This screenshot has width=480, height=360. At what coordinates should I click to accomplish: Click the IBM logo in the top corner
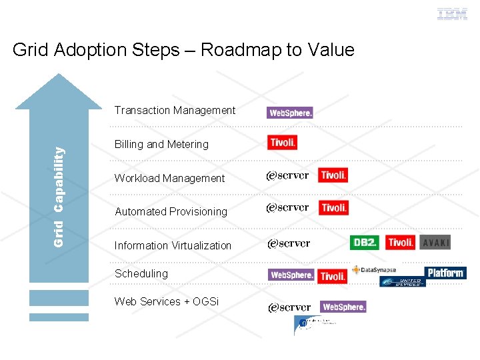(452, 14)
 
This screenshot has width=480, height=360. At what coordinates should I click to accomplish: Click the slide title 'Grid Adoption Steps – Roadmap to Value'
(183, 50)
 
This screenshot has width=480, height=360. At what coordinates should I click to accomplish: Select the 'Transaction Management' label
(175, 110)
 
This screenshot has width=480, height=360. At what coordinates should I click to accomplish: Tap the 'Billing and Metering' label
(161, 144)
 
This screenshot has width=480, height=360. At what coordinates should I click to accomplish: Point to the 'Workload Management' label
(169, 178)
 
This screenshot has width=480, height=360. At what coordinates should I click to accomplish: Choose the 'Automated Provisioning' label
(171, 211)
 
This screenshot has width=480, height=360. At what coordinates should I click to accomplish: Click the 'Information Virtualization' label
(173, 245)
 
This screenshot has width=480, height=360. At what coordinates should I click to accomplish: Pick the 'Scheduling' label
(141, 273)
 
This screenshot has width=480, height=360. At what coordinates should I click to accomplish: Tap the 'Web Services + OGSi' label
(167, 301)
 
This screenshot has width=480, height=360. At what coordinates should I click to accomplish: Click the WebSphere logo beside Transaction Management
(290, 113)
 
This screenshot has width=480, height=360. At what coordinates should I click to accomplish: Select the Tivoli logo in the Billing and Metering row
(283, 143)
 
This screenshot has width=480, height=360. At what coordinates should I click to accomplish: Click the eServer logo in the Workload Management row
(287, 176)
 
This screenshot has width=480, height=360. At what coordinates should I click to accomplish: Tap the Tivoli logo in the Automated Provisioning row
(333, 208)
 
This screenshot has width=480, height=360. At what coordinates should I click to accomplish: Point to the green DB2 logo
(365, 243)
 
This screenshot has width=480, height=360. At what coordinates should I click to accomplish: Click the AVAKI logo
(436, 243)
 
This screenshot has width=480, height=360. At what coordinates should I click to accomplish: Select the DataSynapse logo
(375, 270)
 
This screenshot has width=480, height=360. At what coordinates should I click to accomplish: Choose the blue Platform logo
(445, 273)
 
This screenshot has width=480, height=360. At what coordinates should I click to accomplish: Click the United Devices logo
(402, 282)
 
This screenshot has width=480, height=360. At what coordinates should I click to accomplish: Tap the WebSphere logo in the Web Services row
(343, 307)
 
